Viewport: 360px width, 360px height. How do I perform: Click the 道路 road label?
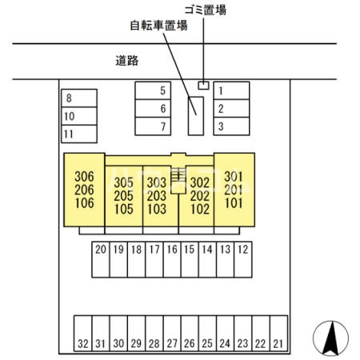(x=127, y=61)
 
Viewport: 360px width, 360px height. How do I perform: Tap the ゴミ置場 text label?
(x=206, y=10)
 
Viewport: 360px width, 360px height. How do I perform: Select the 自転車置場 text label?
(x=159, y=26)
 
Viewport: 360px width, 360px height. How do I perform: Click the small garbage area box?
(x=203, y=86)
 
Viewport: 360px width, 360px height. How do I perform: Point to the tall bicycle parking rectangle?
(x=196, y=116)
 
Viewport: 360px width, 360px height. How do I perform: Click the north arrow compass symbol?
(x=330, y=338)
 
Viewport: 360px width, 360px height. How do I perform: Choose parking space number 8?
(x=79, y=98)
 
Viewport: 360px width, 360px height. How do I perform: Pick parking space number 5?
(x=153, y=90)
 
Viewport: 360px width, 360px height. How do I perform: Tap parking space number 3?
(x=231, y=126)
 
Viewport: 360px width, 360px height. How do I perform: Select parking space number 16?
(x=172, y=259)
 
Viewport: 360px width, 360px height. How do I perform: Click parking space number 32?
(x=83, y=334)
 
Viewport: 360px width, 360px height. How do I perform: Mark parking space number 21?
(x=278, y=334)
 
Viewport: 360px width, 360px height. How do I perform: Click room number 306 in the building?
(x=84, y=177)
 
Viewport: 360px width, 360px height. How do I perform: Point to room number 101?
(x=234, y=203)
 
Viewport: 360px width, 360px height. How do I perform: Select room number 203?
(x=157, y=196)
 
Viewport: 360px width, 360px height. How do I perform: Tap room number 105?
(x=124, y=209)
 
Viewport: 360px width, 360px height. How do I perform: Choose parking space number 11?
(x=79, y=134)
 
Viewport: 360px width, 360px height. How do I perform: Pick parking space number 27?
(x=172, y=334)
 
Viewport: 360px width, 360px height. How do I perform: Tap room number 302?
(x=200, y=182)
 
